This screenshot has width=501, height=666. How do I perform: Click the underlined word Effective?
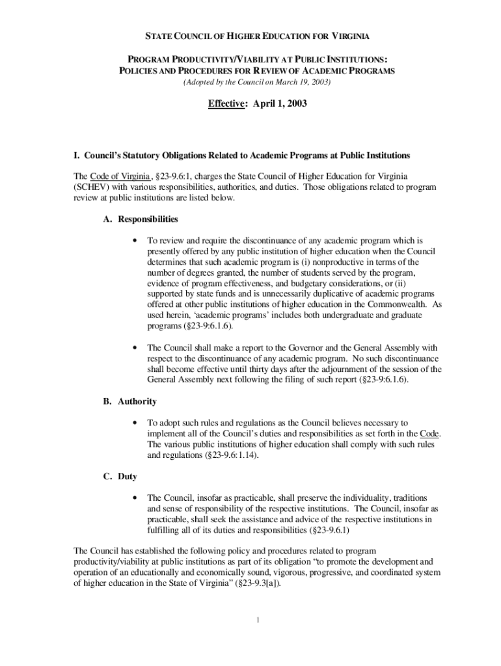coord(226,103)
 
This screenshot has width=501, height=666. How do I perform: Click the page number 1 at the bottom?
coord(258,619)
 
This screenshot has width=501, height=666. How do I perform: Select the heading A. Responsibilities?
coord(141,219)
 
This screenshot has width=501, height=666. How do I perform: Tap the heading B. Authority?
coord(129,402)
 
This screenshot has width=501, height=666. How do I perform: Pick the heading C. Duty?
coord(120,477)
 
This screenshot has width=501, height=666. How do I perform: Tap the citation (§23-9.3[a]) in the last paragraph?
coord(243,583)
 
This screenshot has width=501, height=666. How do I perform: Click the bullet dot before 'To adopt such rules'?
coord(133,423)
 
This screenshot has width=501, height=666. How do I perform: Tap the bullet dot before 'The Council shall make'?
coord(133,347)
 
